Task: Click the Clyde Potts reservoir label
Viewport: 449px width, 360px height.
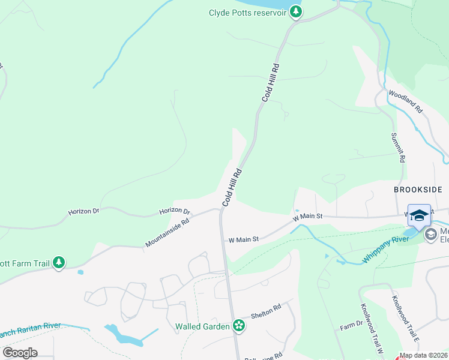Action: point(247,13)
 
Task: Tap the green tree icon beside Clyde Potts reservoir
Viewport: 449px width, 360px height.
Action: point(295,11)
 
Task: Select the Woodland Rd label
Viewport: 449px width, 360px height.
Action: point(406,101)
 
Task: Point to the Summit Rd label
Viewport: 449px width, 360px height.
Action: point(397,148)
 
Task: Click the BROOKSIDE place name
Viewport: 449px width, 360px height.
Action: point(418,190)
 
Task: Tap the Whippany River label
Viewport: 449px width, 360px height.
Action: point(384,250)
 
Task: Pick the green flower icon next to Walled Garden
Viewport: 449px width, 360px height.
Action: point(239,326)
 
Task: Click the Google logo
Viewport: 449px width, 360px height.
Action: point(20,353)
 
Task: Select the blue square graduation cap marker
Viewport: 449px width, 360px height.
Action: point(420,216)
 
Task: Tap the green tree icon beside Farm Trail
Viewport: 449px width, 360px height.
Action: point(58,263)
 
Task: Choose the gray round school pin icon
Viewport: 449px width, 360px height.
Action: point(430,234)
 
